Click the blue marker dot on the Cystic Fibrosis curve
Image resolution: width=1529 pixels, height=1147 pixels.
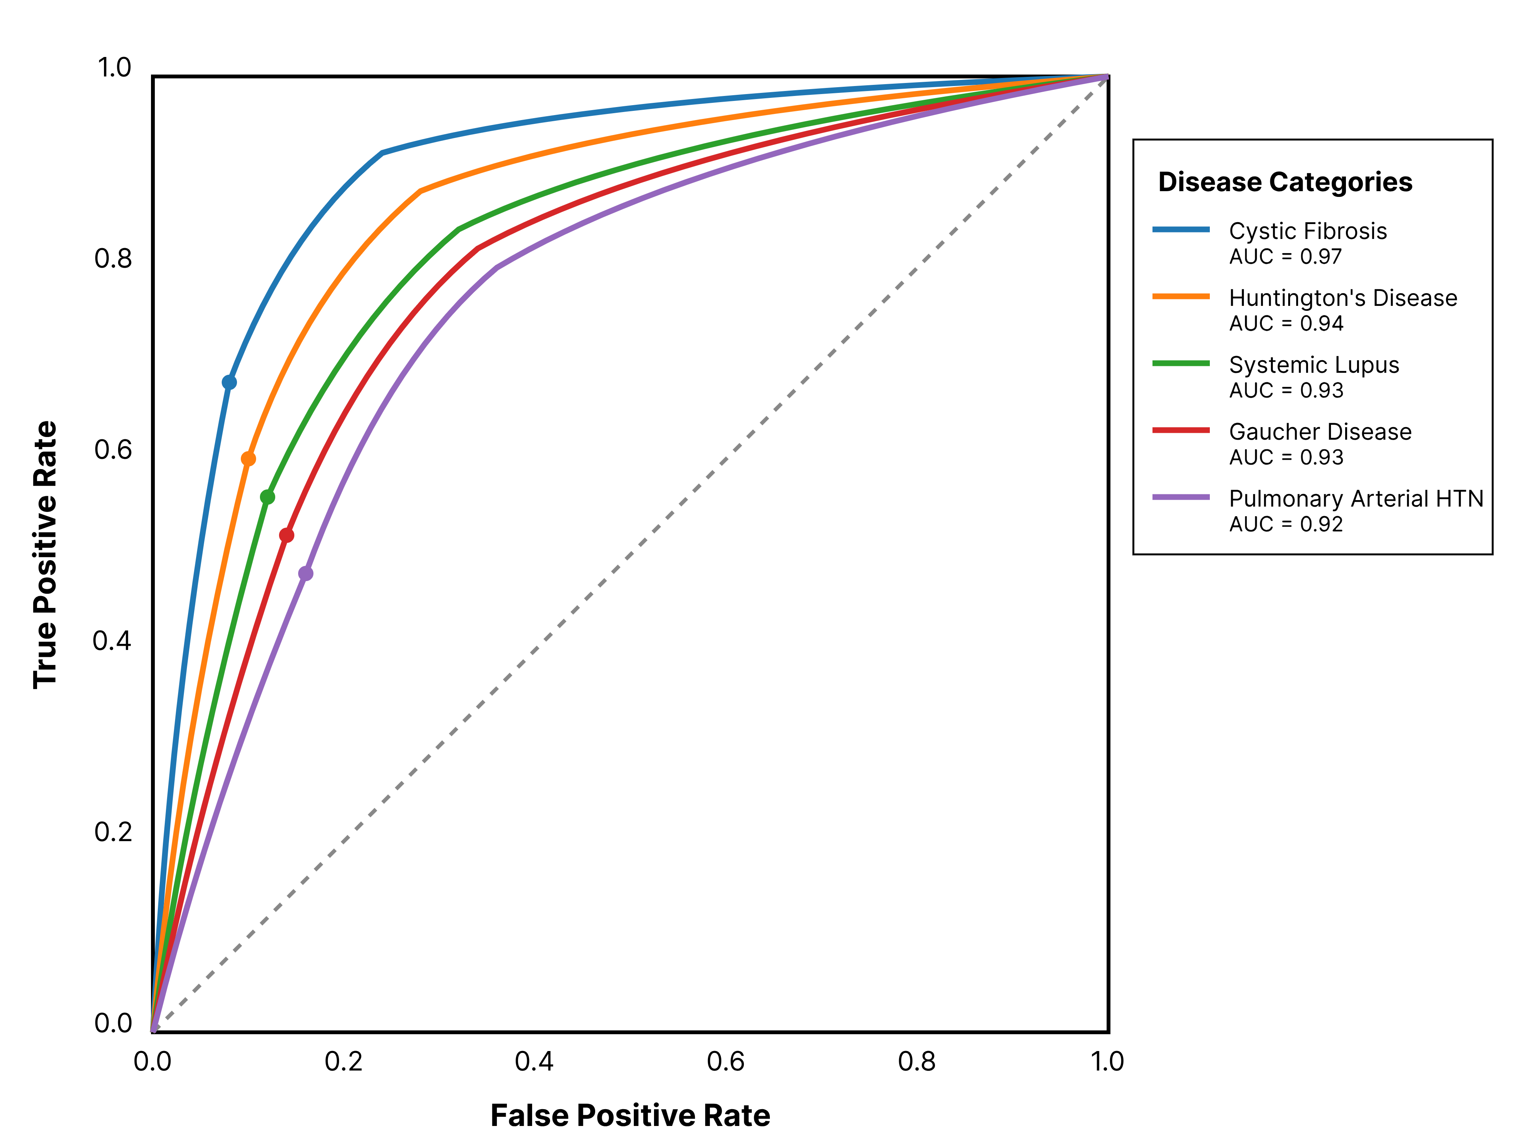click(x=229, y=382)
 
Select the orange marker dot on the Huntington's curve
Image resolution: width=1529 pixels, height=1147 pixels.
click(x=248, y=459)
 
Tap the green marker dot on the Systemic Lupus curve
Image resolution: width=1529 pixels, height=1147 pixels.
click(x=268, y=497)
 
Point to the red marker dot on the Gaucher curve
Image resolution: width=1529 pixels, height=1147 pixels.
click(x=287, y=535)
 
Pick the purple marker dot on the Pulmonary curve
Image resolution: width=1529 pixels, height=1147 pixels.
click(x=305, y=573)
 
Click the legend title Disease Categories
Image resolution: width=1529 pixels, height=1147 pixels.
click(x=1285, y=182)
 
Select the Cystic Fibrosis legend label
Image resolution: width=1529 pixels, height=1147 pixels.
click(x=1308, y=231)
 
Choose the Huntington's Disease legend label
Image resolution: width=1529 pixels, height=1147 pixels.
click(x=1343, y=298)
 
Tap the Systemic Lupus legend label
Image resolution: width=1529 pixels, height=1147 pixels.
click(x=1314, y=365)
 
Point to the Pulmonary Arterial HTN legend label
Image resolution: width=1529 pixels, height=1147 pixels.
click(x=1356, y=499)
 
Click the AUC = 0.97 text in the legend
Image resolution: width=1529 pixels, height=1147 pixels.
click(x=1286, y=257)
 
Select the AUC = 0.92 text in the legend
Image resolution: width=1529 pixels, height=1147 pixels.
click(x=1286, y=524)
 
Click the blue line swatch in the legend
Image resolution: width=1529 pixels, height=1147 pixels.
click(x=1181, y=229)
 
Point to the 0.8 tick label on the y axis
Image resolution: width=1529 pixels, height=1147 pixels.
click(x=113, y=258)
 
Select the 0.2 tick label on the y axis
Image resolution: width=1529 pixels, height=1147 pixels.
click(x=113, y=832)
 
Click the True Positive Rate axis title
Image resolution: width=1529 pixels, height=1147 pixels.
click(x=45, y=554)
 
